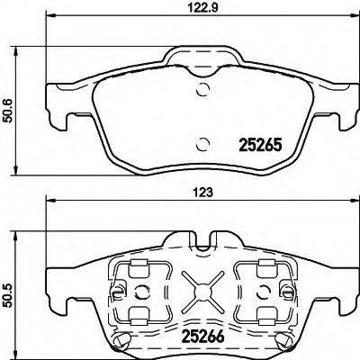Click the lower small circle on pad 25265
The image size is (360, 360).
pos(204,141)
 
